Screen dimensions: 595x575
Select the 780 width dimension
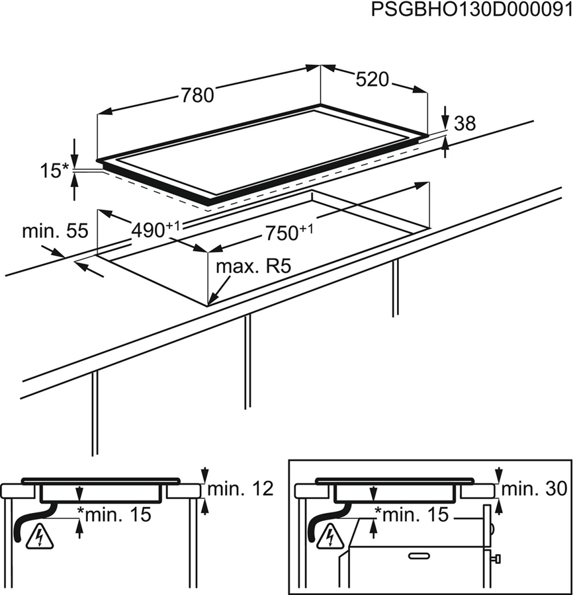[198, 96]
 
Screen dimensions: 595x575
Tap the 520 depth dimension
[371, 80]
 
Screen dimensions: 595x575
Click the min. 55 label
[55, 231]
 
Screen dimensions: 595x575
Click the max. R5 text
[254, 267]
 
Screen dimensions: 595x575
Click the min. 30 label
[535, 489]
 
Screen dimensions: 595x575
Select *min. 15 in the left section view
[113, 513]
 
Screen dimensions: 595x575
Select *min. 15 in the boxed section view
[411, 513]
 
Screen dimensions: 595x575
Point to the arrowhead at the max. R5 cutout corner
[211, 301]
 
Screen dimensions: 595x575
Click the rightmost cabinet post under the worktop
[395, 288]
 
